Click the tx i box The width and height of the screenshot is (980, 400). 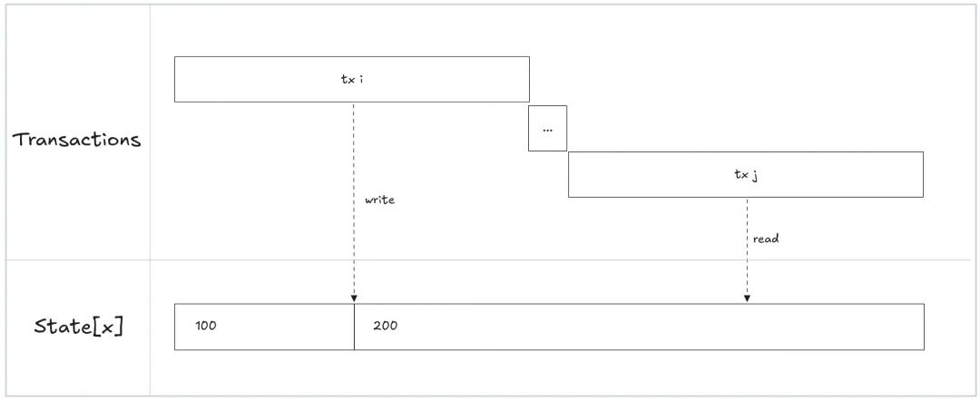point(272,79)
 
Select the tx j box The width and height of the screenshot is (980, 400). point(817,174)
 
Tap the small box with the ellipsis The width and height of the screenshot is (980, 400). point(547,129)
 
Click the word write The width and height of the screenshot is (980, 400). point(379,200)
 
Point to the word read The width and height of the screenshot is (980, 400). point(766,239)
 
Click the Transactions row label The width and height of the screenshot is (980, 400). point(76,140)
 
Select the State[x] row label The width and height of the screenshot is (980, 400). point(78,326)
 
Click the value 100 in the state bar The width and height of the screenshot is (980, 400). point(206,326)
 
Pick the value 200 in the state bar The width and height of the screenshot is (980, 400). point(385,326)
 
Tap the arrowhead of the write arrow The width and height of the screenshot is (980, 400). point(354,298)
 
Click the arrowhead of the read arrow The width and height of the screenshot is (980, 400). point(747,298)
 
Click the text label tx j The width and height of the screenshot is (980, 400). point(746,174)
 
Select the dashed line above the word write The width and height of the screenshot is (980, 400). point(354,145)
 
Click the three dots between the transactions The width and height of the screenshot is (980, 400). point(547,130)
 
